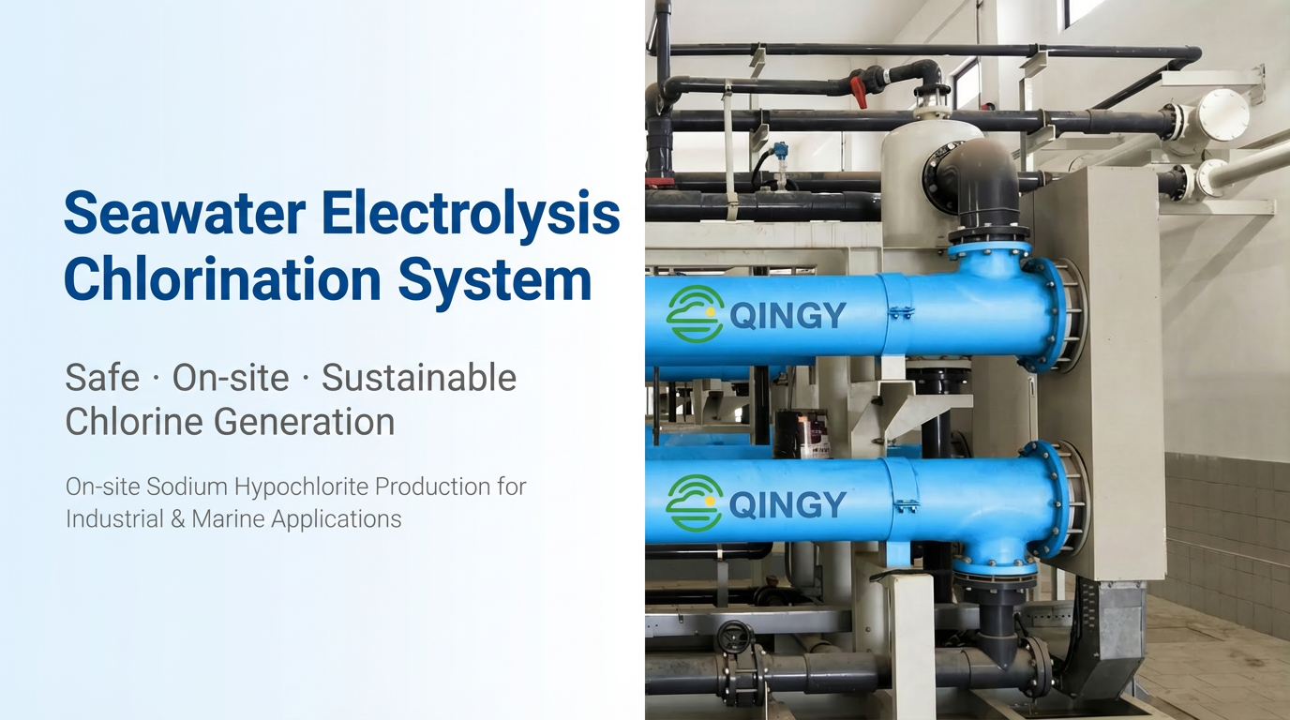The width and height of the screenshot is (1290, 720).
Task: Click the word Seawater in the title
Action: pos(185,213)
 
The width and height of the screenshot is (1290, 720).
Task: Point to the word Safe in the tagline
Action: pos(102,378)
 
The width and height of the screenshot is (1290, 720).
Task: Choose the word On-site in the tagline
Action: pos(231,378)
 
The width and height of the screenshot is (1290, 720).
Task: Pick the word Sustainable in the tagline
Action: pos(419,378)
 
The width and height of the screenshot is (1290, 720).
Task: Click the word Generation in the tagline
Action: pos(305,421)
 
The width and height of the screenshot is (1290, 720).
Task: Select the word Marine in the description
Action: pos(228,519)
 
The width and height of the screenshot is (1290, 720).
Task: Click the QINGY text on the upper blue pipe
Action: pos(787,316)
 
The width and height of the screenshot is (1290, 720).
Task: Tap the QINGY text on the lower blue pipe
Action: pos(787,504)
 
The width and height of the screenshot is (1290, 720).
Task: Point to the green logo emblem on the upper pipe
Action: pos(695,314)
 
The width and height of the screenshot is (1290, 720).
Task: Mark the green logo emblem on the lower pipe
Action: pos(695,502)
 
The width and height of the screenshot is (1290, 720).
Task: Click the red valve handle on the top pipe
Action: pos(859,90)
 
